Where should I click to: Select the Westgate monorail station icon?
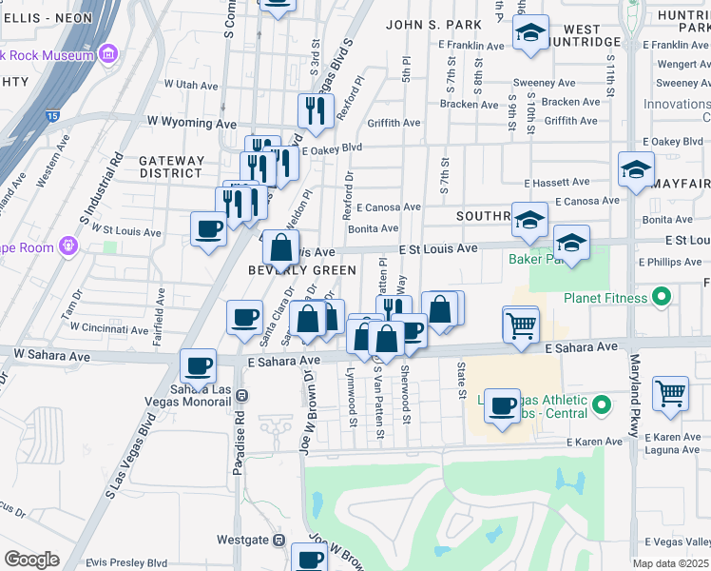point(279,540)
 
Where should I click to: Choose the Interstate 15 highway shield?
point(50,116)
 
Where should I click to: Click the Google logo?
point(31,560)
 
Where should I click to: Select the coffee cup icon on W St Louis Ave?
point(208,228)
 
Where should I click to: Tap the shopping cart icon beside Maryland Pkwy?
point(670,391)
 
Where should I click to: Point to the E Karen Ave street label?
point(594,443)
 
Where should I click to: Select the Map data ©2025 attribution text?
point(671,563)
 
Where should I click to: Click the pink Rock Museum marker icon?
point(108,54)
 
